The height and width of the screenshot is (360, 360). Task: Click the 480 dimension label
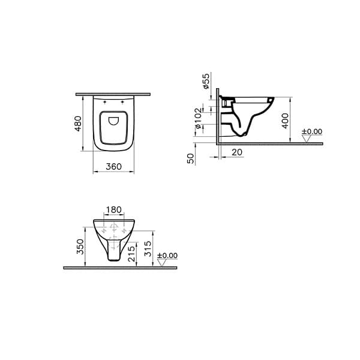[x=78, y=124]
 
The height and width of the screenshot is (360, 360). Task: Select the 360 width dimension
[x=113, y=166]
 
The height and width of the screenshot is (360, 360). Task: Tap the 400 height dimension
[x=285, y=121]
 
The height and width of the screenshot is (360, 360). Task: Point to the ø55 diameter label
[x=206, y=81]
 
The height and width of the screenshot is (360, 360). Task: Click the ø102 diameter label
[x=198, y=118]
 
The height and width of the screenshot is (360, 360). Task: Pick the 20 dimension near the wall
[x=237, y=152]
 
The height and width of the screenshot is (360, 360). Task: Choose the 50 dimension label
[x=191, y=158]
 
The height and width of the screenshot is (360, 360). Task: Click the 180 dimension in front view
[x=114, y=209]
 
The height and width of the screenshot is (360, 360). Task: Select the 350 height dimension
[x=80, y=247]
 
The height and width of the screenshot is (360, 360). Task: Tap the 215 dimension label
[x=132, y=254]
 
